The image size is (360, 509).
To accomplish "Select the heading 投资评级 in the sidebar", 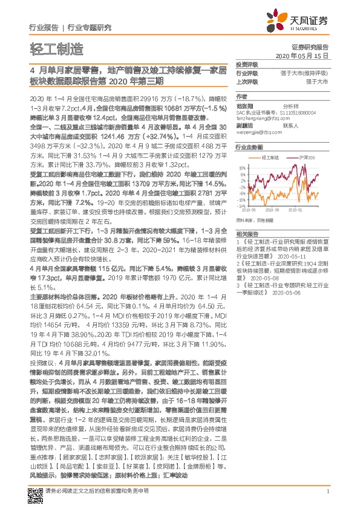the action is [x=247, y=65].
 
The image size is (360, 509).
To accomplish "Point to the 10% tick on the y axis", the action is [x=242, y=167].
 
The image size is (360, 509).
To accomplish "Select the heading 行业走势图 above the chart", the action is [x=249, y=148].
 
